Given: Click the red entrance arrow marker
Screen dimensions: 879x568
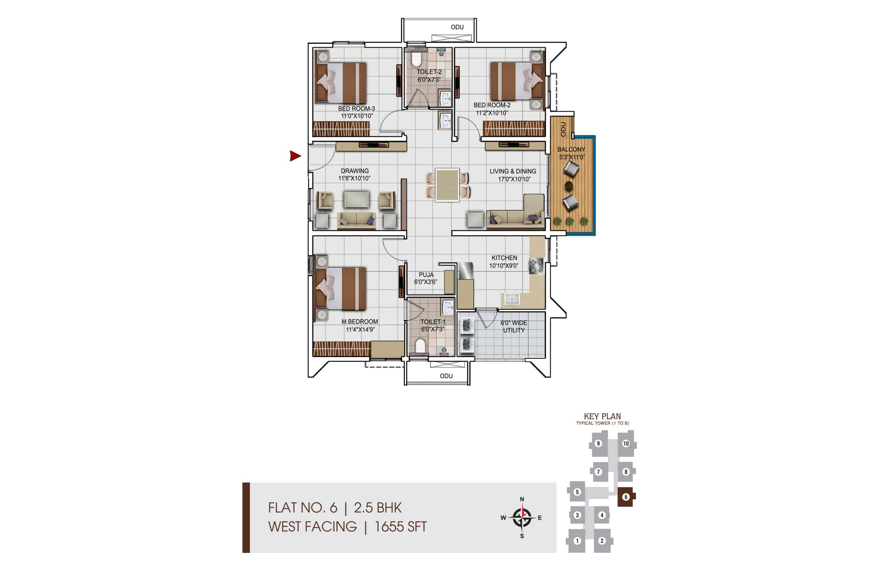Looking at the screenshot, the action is point(295,156).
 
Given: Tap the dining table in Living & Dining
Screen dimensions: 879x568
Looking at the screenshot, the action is point(447,185).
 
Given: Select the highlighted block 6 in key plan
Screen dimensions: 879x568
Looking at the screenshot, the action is point(626,497).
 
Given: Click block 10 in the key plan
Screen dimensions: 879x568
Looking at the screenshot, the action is point(626,444).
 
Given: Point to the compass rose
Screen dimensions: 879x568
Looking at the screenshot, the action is point(522,518).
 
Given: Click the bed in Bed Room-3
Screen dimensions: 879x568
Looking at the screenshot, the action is point(340,83).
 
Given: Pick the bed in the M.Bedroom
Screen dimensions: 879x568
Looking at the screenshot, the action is point(340,288).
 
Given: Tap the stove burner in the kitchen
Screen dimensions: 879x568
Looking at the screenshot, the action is point(536,266).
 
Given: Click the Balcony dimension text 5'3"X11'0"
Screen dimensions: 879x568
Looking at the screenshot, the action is point(571,157).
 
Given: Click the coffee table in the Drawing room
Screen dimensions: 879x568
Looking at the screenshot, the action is point(356,200).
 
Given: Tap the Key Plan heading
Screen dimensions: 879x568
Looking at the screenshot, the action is point(602,416).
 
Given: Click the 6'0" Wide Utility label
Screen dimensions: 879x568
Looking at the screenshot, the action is point(514,327).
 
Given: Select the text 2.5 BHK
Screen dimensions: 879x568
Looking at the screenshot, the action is point(377,508).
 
